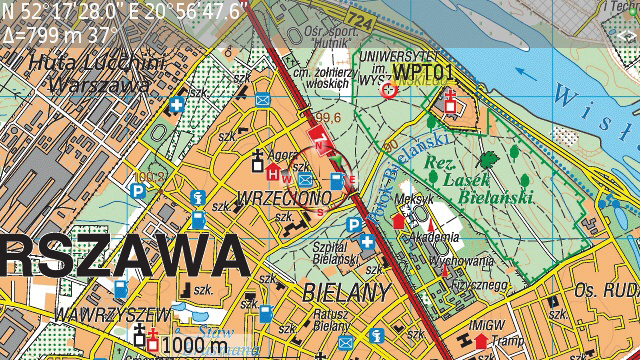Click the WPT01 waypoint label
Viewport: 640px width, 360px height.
click(x=424, y=72)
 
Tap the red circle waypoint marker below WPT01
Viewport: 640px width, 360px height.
click(x=390, y=90)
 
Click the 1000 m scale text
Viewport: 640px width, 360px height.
click(x=194, y=346)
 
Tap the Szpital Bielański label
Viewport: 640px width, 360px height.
click(x=336, y=253)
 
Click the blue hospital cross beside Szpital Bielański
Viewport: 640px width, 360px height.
click(x=368, y=243)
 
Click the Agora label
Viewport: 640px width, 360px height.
click(x=281, y=156)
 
